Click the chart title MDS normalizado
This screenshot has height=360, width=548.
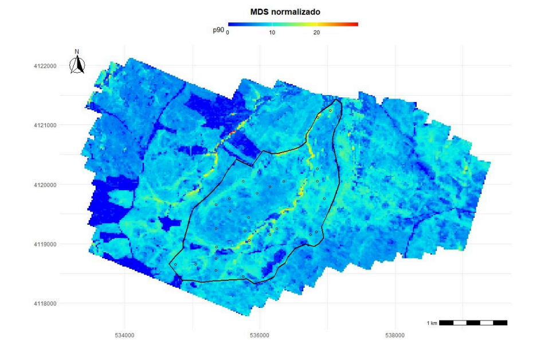(285, 11)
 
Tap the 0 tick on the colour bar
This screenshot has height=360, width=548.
(228, 33)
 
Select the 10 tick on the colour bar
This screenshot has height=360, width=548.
(272, 33)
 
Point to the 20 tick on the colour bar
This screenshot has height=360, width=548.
(316, 33)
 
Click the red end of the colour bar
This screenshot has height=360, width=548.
(355, 25)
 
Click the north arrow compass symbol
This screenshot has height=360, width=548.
(77, 65)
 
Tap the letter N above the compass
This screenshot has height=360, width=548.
(77, 52)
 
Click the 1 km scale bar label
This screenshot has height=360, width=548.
(432, 323)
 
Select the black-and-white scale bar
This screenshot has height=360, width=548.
(473, 323)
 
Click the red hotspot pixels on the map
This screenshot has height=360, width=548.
(232, 132)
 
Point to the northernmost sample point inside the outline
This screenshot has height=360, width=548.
(331, 110)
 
